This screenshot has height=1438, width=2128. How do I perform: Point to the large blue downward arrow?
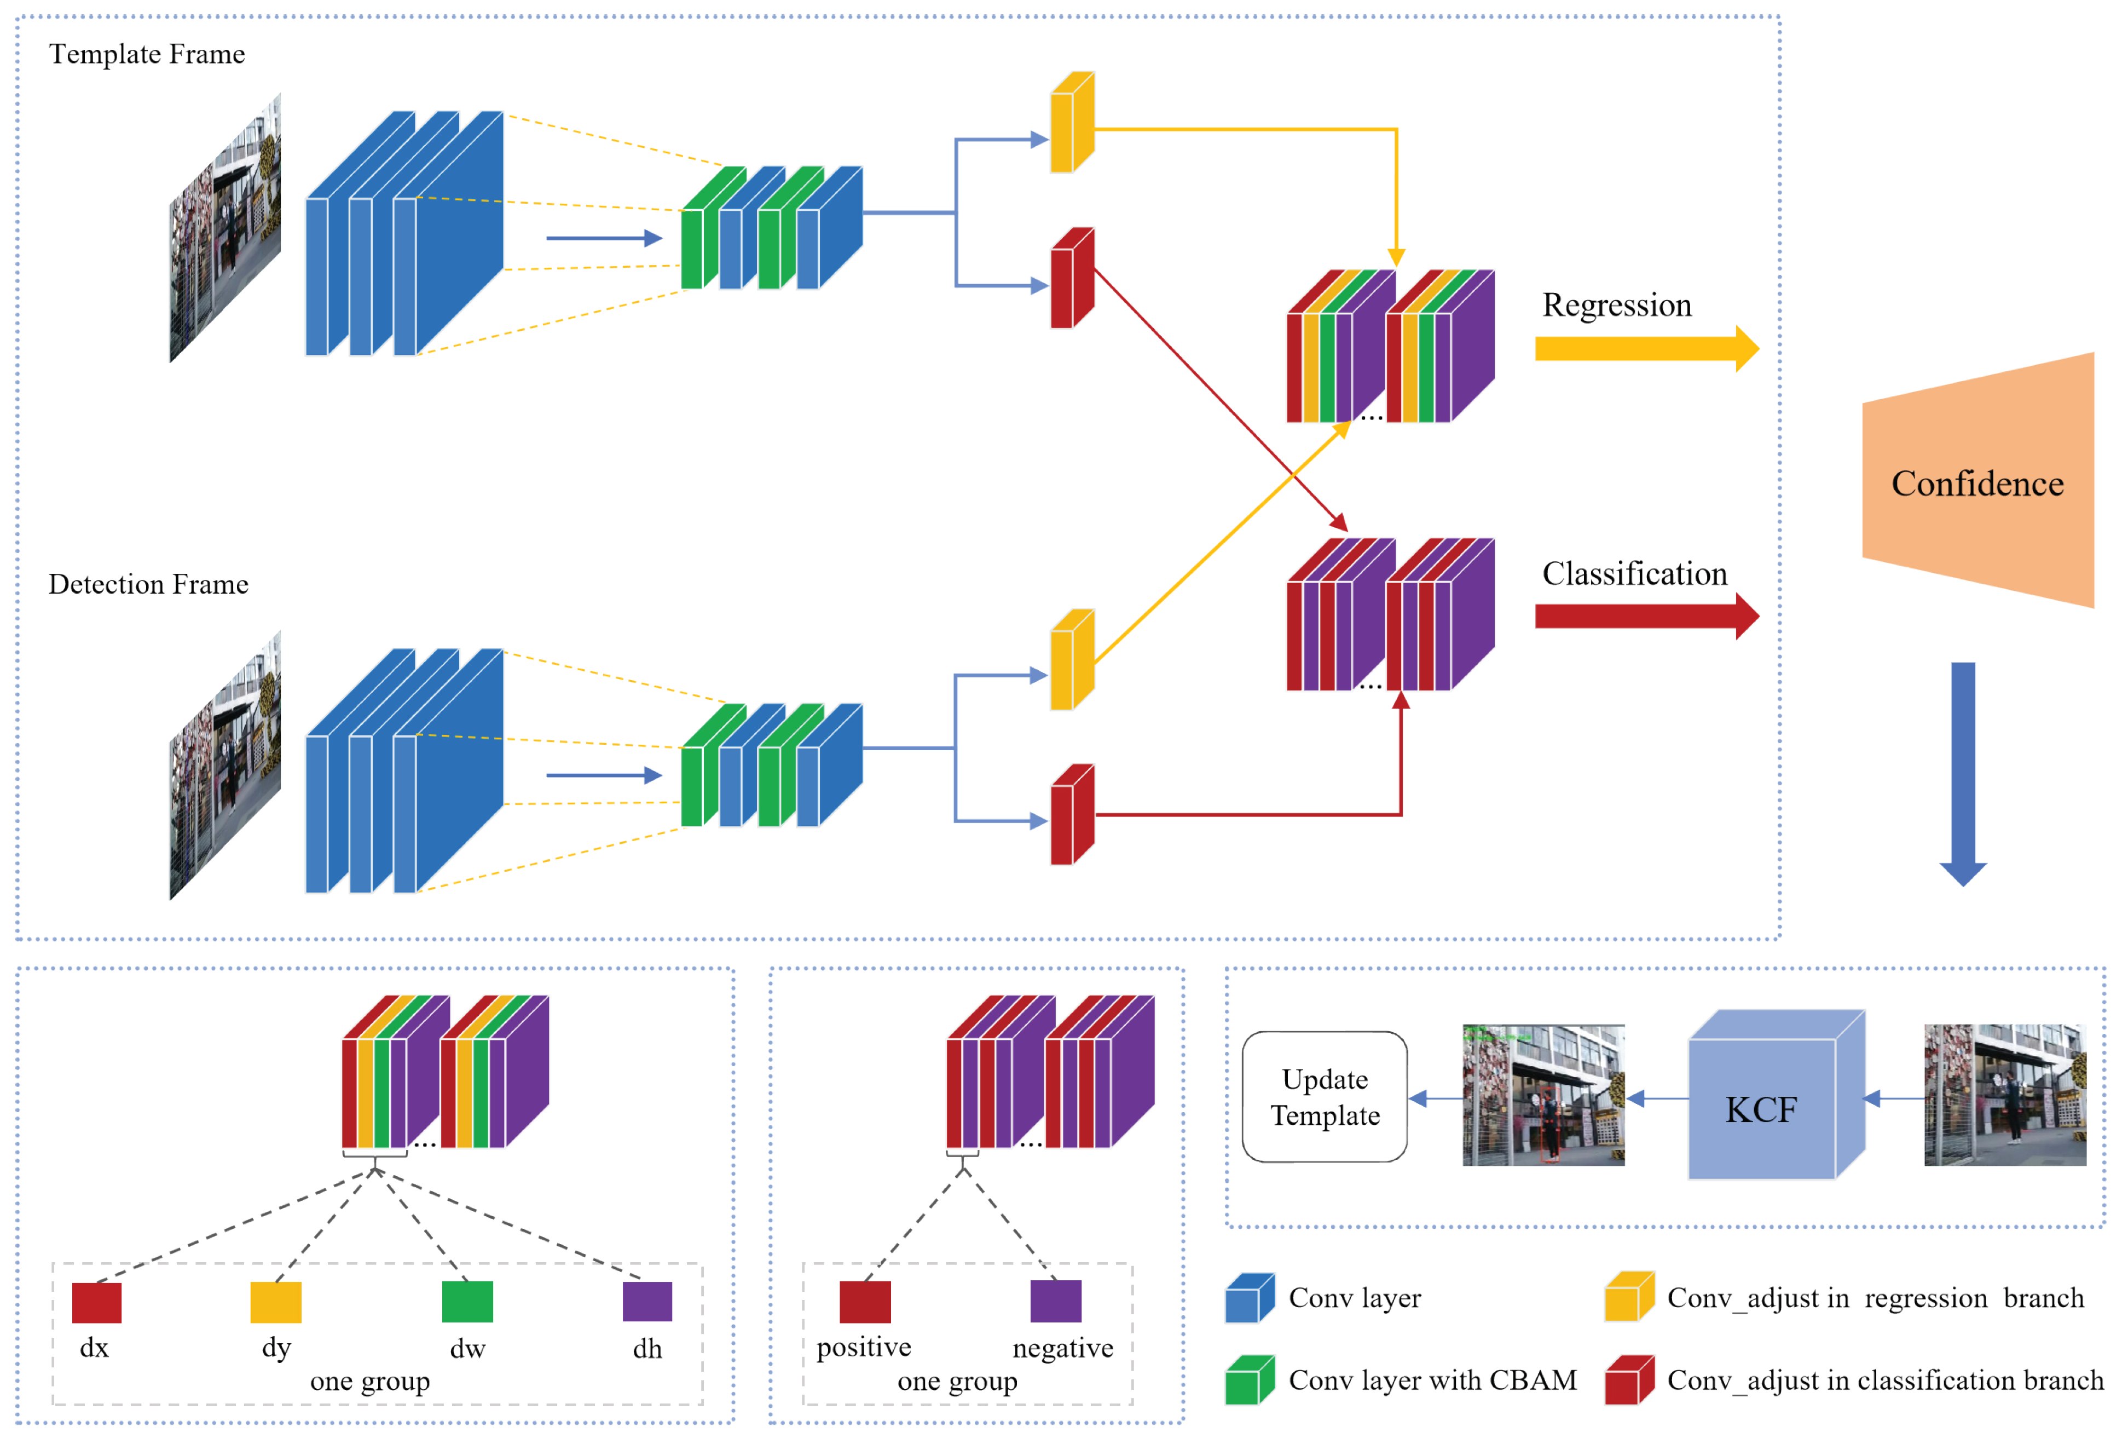coord(1962,769)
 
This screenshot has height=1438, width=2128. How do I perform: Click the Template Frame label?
coord(147,54)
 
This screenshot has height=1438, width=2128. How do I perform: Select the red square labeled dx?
coord(96,1302)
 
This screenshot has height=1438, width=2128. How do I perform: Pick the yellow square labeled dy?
coord(276,1302)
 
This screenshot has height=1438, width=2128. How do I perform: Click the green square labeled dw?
coord(467,1302)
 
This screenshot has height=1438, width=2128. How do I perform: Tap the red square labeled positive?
coord(864,1302)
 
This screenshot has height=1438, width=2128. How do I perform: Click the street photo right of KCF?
coord(2004,1095)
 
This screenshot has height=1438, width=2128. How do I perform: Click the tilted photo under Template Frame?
coord(225,229)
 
